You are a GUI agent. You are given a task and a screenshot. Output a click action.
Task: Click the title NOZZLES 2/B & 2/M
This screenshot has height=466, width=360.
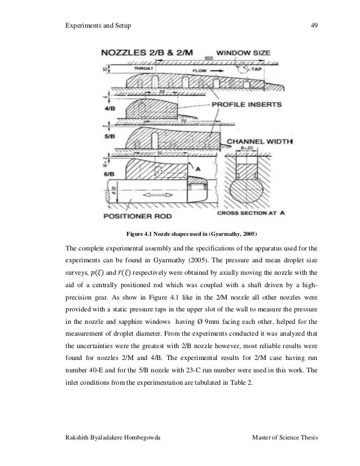(147, 52)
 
